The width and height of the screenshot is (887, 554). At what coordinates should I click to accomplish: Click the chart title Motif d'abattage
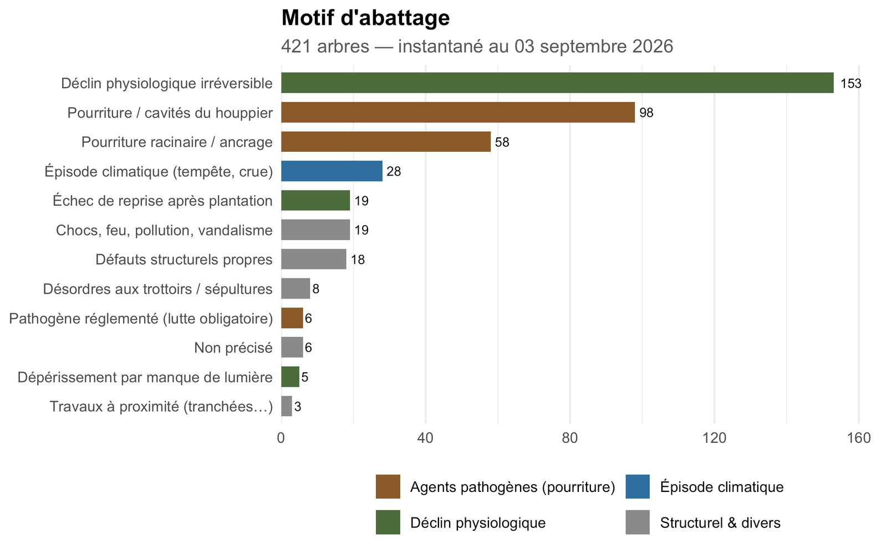click(365, 18)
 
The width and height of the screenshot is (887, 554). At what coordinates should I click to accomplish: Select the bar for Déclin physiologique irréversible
click(558, 83)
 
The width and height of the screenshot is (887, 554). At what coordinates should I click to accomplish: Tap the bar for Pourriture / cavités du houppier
click(458, 112)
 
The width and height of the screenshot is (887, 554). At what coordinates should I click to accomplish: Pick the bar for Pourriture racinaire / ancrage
click(386, 142)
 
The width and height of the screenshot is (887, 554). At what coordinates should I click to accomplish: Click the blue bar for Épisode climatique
click(332, 171)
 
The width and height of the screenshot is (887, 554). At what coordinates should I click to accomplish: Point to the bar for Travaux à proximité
click(287, 406)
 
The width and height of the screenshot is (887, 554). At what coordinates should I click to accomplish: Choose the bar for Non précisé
click(292, 347)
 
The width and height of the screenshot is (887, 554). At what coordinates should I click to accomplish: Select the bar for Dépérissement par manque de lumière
click(290, 377)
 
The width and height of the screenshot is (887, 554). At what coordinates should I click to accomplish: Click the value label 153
click(850, 84)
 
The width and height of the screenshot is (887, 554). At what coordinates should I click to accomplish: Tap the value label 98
click(646, 113)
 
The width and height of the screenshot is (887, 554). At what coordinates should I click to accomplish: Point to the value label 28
click(394, 171)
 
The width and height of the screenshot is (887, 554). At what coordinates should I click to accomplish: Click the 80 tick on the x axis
click(570, 438)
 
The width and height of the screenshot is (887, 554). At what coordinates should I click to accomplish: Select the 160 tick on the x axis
click(859, 438)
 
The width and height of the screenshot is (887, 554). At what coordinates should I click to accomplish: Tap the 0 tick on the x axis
click(281, 438)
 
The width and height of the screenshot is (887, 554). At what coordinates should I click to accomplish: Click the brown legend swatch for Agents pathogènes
click(388, 487)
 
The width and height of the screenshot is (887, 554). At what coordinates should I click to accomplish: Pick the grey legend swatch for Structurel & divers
click(638, 522)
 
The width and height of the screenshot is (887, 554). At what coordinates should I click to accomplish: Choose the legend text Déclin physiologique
click(478, 523)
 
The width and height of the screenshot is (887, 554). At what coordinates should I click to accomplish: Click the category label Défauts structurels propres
click(183, 260)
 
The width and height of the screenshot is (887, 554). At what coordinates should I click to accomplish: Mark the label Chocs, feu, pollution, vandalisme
click(164, 230)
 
